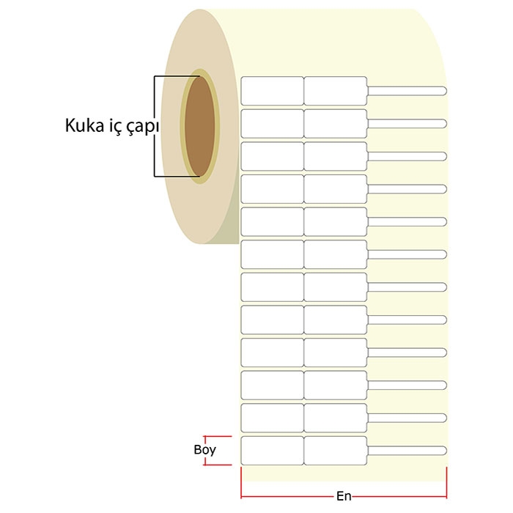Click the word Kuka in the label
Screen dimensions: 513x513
85,125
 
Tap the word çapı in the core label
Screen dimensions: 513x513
143,126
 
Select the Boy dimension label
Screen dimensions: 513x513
204,450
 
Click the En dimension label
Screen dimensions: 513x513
344,496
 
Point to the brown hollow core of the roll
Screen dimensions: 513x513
200,126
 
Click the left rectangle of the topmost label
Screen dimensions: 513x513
272,91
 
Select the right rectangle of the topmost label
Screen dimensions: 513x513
336,91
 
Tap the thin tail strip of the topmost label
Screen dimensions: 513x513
407,91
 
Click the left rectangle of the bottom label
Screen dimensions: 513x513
272,451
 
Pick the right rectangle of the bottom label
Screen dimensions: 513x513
336,451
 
